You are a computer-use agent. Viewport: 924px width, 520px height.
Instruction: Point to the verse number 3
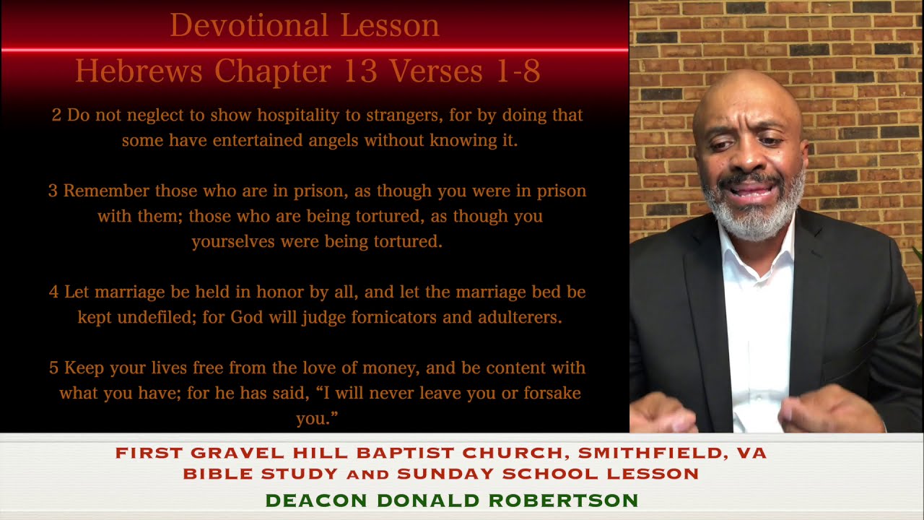click(x=53, y=191)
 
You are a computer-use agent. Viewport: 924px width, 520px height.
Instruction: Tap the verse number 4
click(x=53, y=292)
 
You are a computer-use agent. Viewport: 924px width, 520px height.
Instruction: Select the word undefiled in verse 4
click(x=149, y=318)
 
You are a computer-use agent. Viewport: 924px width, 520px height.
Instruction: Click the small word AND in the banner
click(x=368, y=475)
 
